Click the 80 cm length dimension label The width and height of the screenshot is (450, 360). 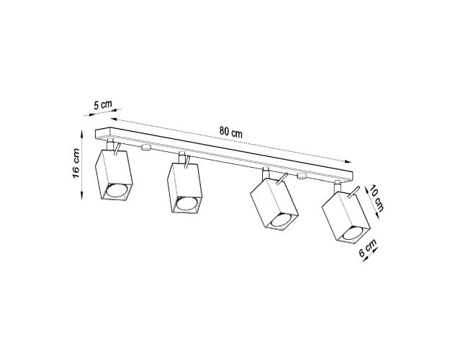tap(230, 132)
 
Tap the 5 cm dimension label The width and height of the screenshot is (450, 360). tap(103, 104)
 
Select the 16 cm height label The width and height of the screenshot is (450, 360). tap(76, 163)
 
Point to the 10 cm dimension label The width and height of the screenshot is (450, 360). tap(377, 199)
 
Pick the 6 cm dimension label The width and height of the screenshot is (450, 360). tap(368, 248)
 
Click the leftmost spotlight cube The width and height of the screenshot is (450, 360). tap(114, 174)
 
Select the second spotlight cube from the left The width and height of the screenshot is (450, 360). tap(184, 189)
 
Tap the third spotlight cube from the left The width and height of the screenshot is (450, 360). tap(274, 204)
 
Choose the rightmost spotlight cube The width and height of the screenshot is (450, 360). tap(346, 217)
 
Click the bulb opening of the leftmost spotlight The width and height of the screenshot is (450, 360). tap(117, 191)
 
